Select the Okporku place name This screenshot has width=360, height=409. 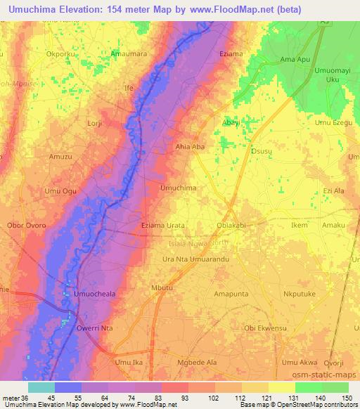[60, 53]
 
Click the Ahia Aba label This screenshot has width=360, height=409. [189, 147]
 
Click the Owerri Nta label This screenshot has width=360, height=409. [96, 327]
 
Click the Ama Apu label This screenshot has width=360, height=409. [295, 60]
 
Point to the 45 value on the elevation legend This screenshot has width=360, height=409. [54, 398]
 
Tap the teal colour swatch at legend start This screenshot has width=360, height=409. [41, 387]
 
